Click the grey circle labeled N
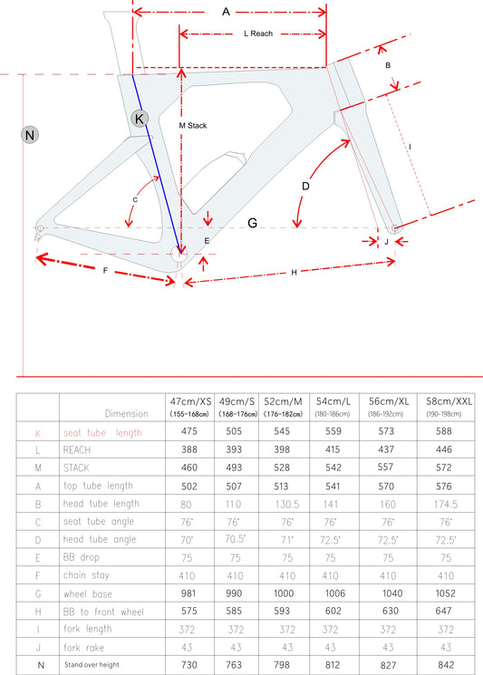click(x=30, y=135)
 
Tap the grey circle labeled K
click(x=140, y=119)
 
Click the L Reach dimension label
click(x=258, y=34)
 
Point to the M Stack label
click(x=193, y=126)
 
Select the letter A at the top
click(x=226, y=12)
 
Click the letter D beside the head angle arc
click(x=305, y=186)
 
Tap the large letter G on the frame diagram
click(x=252, y=223)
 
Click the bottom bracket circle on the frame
click(x=180, y=255)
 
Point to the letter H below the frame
click(x=294, y=273)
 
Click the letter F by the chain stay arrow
click(x=105, y=271)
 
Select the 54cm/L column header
click(x=333, y=401)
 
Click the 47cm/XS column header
click(x=190, y=401)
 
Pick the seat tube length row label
click(x=102, y=433)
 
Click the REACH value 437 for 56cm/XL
click(x=386, y=449)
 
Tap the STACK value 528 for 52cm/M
click(x=282, y=468)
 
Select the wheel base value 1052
click(x=445, y=593)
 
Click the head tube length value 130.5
click(x=287, y=504)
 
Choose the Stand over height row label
click(x=92, y=665)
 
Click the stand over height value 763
click(x=234, y=665)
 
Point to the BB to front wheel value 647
click(x=443, y=611)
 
